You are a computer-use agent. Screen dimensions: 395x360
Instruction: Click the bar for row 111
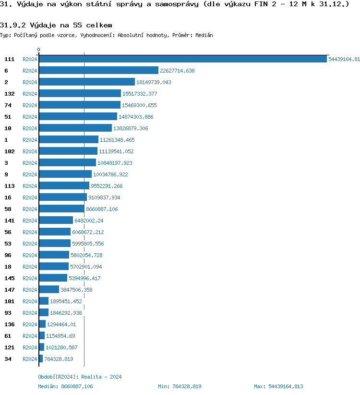coord(182,59)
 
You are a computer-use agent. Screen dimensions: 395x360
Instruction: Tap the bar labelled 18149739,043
coord(87,82)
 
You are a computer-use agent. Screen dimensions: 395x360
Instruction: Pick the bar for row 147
coord(49,290)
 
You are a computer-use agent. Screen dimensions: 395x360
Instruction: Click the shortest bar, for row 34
coord(41,359)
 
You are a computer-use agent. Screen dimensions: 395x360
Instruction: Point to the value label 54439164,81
coord(344,59)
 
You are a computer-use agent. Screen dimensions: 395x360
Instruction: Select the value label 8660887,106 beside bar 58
coord(102,209)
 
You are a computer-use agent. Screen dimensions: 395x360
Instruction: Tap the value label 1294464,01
coord(61,324)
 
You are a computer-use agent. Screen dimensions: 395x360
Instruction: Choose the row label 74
coord(8,105)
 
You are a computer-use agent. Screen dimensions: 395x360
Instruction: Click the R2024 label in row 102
coord(30,151)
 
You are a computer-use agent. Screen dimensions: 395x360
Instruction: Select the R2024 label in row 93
coord(30,313)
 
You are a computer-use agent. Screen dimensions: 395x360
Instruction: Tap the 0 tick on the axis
coord(39,49)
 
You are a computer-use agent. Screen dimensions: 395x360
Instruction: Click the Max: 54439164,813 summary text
coord(278,386)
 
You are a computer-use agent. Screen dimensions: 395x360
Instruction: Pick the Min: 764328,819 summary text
coord(180,386)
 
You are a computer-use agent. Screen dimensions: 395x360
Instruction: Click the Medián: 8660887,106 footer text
coord(66,386)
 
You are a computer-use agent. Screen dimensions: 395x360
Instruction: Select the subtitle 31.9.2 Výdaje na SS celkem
coord(57,25)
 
